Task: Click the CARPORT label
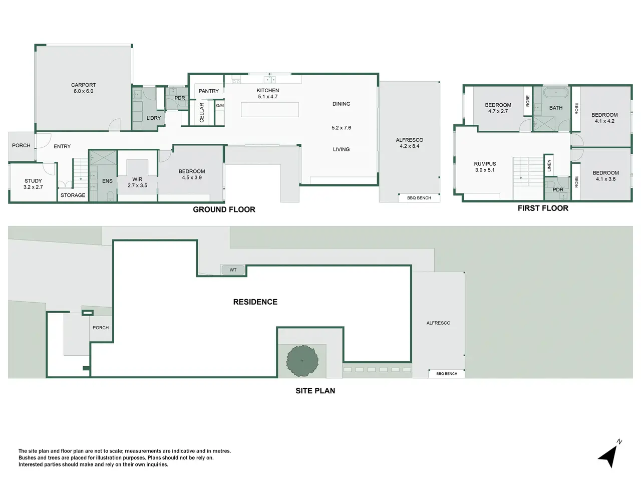point(83,85)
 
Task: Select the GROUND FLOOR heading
point(224,209)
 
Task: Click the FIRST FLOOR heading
point(543,208)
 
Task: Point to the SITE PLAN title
point(315,391)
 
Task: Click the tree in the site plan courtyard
point(302,361)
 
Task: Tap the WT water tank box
point(233,270)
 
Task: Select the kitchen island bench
point(270,110)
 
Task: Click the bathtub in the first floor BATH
point(556,93)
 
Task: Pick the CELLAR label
point(201,112)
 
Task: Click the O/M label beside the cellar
point(220,106)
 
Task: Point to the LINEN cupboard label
point(549,165)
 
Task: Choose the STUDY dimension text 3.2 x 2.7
point(33,187)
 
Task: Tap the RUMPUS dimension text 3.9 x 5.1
point(485,170)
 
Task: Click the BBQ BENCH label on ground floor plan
point(419,198)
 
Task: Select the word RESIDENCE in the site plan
point(255,302)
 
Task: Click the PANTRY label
point(208,91)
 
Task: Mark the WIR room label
point(137,179)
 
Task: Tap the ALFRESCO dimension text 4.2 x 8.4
point(410,146)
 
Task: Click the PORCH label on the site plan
point(101,328)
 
